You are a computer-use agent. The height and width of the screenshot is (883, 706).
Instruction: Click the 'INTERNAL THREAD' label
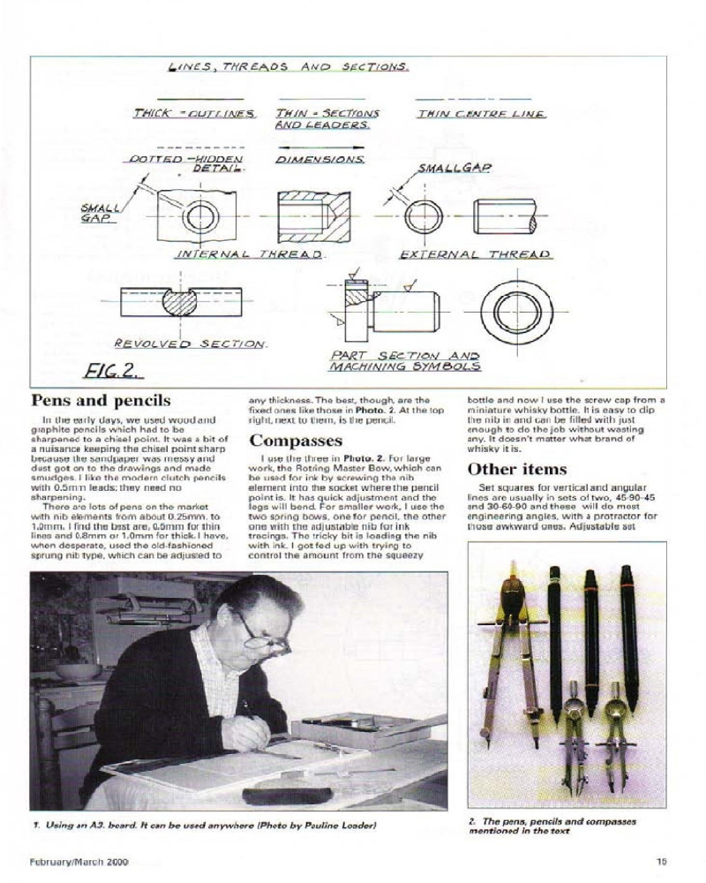251,254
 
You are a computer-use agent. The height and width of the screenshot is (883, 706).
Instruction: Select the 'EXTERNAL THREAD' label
476,254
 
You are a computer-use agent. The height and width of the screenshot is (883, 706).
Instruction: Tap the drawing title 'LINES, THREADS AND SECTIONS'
288,67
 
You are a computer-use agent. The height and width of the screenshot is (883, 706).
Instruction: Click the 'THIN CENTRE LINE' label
481,114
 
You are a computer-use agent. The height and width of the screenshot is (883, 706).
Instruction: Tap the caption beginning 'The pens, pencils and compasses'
552,826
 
